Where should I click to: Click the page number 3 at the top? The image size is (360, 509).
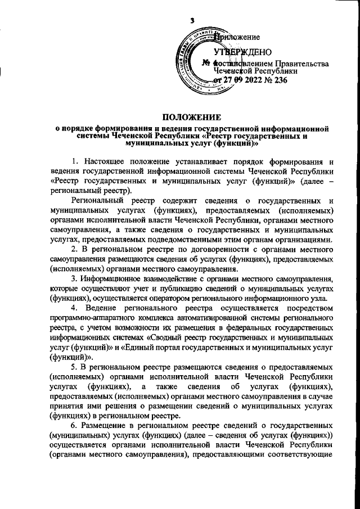(x=192, y=20)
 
